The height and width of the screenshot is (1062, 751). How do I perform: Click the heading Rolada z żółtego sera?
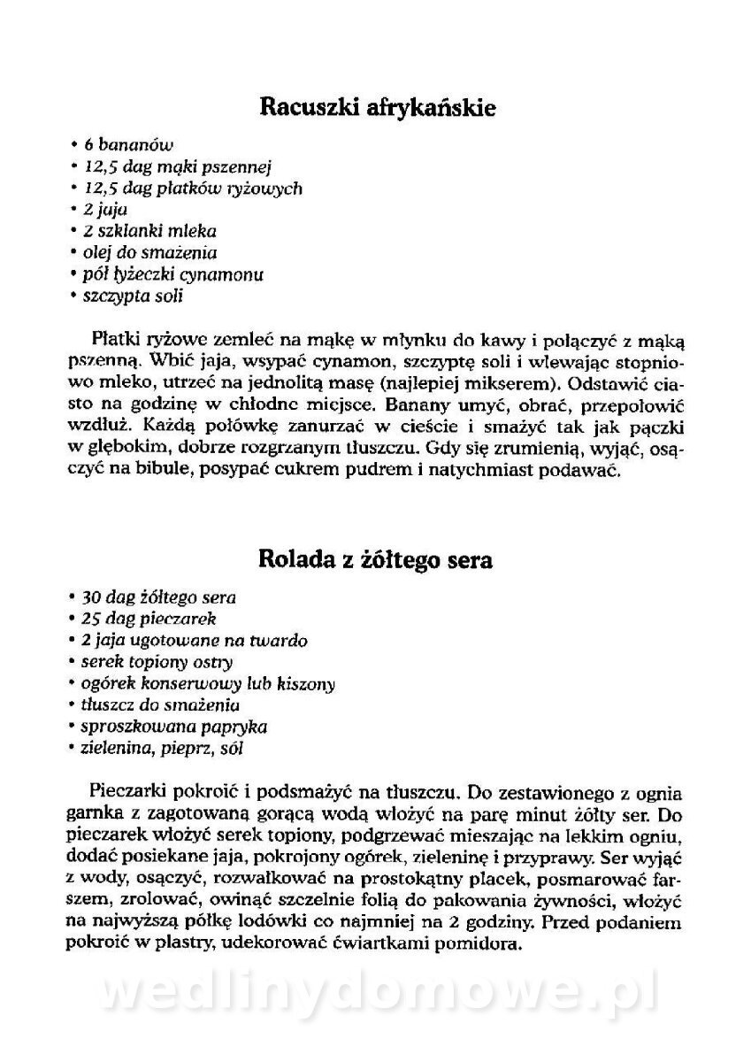[376, 560]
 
